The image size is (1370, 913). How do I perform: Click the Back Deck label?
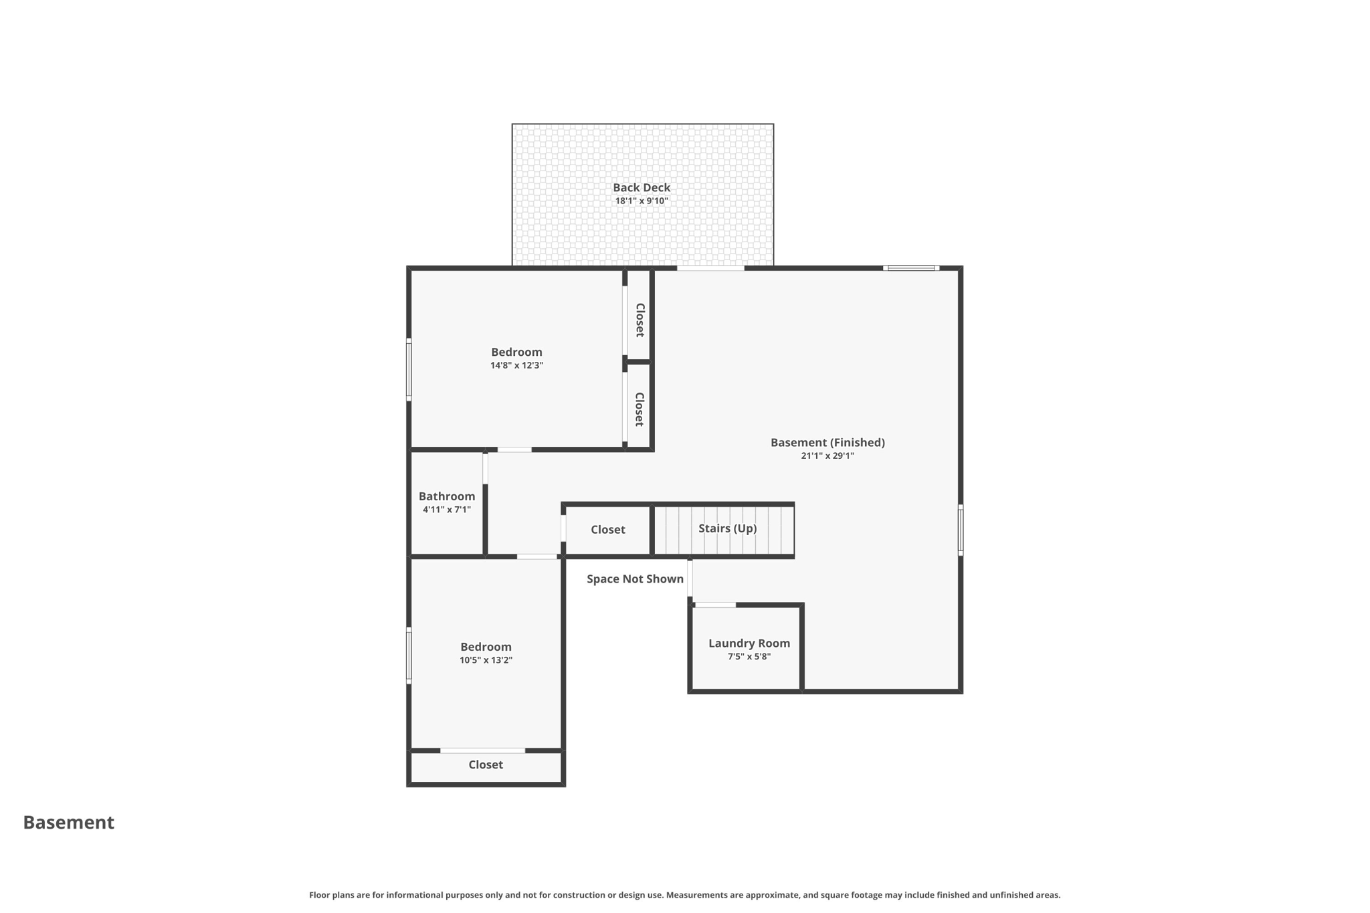coord(641,188)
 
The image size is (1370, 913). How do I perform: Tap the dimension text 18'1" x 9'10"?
coord(641,201)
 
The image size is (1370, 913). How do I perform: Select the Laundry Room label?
coord(749,643)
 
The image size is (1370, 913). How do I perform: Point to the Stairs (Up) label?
coord(727,528)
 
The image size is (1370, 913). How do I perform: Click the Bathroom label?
coord(446,496)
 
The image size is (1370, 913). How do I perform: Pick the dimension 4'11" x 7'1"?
coord(446,510)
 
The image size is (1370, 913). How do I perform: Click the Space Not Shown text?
coord(635,579)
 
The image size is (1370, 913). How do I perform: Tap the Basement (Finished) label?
coord(827,443)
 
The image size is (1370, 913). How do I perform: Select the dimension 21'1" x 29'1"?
coord(827,456)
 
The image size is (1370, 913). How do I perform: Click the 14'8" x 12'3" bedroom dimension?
coord(516,366)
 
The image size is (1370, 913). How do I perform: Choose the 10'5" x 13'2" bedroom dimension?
coord(486,660)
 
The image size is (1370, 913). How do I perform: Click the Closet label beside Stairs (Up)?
coord(607,530)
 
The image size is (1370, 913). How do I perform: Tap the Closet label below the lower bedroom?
coord(485,765)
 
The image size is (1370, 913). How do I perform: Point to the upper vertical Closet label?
coord(640,320)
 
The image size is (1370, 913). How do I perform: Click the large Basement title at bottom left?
coord(69,823)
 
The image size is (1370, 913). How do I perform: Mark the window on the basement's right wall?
coord(960,530)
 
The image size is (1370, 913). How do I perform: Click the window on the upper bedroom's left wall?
coord(409,370)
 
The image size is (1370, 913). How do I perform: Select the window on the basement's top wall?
coord(910,268)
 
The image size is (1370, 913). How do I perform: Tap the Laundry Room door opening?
coord(715,605)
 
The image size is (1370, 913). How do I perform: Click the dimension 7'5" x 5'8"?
coord(749,657)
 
